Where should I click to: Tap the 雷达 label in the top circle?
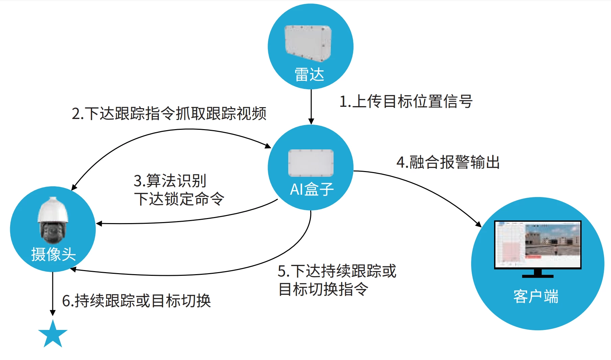pyautogui.click(x=309, y=74)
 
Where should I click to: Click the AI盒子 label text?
pyautogui.click(x=312, y=189)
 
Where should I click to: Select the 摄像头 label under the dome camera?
pyautogui.click(x=53, y=254)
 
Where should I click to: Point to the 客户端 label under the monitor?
pyautogui.click(x=536, y=296)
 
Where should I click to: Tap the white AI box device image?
pyautogui.click(x=311, y=163)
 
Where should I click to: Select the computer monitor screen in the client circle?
pyautogui.click(x=537, y=244)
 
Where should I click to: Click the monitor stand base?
pyautogui.click(x=537, y=275)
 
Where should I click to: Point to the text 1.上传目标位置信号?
pyautogui.click(x=406, y=101)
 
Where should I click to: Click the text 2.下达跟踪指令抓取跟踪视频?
pyautogui.click(x=169, y=114)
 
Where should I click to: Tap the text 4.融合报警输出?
pyautogui.click(x=448, y=162)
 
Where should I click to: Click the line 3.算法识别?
pyautogui.click(x=170, y=181)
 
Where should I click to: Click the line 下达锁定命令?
pyautogui.click(x=179, y=199)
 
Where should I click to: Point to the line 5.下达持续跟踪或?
pyautogui.click(x=337, y=271)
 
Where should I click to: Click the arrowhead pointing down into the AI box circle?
pyautogui.click(x=311, y=121)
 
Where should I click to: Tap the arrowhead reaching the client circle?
pyautogui.click(x=478, y=224)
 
